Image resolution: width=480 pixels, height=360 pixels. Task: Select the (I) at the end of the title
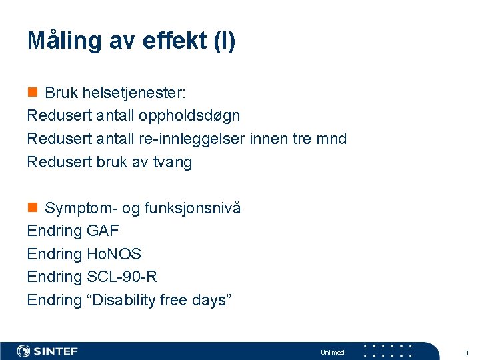(x=223, y=41)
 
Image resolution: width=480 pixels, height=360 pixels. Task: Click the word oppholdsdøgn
(x=189, y=115)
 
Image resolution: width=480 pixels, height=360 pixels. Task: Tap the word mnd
(x=331, y=139)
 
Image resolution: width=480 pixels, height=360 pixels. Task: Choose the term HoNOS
(x=114, y=254)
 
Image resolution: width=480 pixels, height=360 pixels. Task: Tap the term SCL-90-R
(x=121, y=277)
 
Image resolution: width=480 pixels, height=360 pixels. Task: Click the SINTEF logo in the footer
(x=47, y=351)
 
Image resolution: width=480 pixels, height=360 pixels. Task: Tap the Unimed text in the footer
(x=332, y=352)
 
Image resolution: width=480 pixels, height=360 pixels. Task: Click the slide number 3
(x=466, y=352)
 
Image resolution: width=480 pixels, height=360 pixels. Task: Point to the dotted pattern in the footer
(x=387, y=351)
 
